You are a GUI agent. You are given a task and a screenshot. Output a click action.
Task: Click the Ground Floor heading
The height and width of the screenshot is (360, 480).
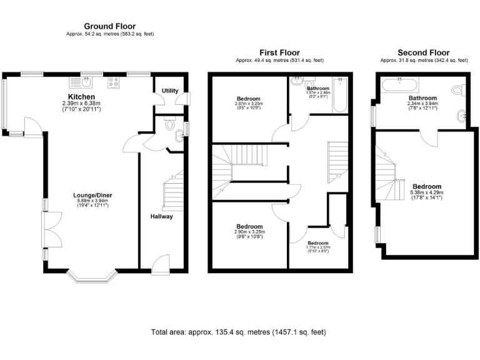click(x=110, y=26)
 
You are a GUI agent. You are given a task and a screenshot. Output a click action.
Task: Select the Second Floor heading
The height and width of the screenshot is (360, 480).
click(x=424, y=53)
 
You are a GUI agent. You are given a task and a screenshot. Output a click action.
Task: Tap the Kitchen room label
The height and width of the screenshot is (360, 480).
click(x=82, y=97)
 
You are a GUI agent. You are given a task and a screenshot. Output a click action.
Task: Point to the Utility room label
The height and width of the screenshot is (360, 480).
click(x=169, y=91)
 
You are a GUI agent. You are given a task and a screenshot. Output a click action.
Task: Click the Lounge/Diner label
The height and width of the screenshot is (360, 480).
click(x=93, y=195)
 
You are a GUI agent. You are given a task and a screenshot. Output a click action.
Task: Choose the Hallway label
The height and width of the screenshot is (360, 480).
click(x=161, y=216)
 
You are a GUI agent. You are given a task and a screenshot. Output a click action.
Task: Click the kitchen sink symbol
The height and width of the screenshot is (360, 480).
click(x=81, y=81)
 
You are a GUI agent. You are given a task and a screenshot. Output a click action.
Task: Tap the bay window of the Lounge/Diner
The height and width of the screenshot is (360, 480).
click(x=92, y=275)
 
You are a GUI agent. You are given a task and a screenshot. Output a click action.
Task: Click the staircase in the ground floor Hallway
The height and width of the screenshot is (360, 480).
click(x=174, y=191)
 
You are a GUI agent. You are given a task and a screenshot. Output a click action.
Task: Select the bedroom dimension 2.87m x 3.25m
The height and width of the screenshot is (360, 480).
click(x=249, y=104)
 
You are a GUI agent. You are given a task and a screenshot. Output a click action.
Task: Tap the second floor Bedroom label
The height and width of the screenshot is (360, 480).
click(x=427, y=186)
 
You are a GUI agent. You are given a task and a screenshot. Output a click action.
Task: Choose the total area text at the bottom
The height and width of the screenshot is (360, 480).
click(x=238, y=332)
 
